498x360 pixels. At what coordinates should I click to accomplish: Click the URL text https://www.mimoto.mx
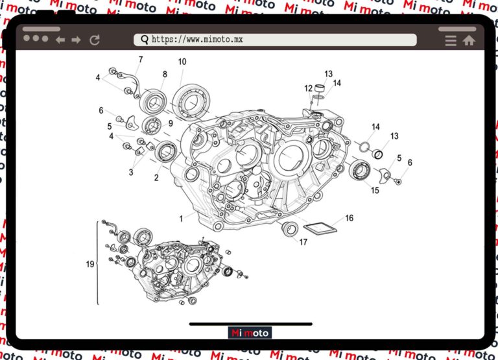click(197, 40)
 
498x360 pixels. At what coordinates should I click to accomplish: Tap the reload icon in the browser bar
click(95, 40)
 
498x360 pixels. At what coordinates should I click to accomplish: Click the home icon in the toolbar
click(469, 40)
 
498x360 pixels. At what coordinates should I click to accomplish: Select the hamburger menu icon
click(451, 40)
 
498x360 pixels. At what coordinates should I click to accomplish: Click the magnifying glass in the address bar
click(144, 40)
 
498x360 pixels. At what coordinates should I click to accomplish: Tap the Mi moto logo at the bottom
click(250, 333)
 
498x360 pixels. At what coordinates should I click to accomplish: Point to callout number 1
click(182, 219)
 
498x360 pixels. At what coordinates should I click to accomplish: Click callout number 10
click(182, 62)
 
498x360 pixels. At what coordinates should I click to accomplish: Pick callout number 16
click(349, 218)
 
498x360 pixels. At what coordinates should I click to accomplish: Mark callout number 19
click(90, 264)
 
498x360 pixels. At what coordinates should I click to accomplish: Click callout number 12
click(309, 88)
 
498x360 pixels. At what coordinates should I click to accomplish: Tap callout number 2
click(156, 176)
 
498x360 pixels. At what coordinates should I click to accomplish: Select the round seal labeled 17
click(290, 228)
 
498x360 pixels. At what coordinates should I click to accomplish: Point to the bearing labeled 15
click(360, 171)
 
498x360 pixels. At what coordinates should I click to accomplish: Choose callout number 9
click(171, 123)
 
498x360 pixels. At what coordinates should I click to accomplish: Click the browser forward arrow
click(77, 40)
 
